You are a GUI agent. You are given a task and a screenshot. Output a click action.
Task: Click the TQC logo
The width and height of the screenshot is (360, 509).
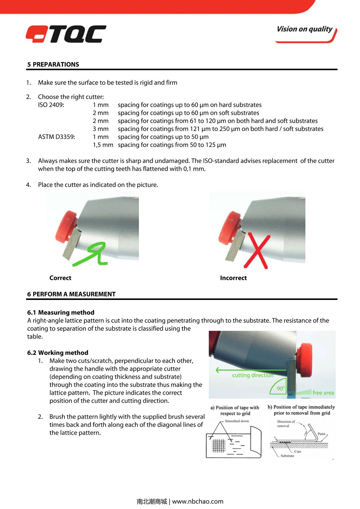(x=66, y=34)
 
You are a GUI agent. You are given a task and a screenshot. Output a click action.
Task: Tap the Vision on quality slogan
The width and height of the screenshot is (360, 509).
(x=304, y=29)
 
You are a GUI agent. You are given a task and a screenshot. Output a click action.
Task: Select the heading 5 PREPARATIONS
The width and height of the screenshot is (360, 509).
(x=53, y=64)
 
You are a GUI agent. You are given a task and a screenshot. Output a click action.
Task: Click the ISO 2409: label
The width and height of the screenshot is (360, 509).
(x=51, y=105)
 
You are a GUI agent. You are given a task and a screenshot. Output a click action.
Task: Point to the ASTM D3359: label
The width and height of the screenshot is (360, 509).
(x=56, y=137)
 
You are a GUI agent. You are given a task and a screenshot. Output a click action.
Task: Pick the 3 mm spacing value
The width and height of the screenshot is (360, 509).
(x=100, y=129)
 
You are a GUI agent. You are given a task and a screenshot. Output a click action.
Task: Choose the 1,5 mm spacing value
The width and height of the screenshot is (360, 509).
(x=103, y=145)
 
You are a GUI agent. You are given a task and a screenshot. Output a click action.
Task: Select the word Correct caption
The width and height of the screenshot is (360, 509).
(x=60, y=278)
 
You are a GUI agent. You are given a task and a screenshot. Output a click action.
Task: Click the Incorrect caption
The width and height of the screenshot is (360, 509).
(x=233, y=278)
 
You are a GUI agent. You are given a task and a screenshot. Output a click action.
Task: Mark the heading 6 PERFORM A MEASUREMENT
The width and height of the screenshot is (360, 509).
(x=71, y=294)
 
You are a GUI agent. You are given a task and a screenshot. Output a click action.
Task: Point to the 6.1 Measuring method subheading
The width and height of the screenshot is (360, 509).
(x=61, y=313)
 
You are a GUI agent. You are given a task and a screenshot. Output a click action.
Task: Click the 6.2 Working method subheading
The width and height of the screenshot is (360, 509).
(x=58, y=353)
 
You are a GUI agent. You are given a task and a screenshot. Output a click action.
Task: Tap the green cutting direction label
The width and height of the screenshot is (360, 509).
(x=253, y=375)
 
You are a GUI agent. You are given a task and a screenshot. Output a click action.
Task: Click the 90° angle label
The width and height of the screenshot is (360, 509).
(x=281, y=388)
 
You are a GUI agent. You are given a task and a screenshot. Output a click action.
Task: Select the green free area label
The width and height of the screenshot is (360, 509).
(x=323, y=393)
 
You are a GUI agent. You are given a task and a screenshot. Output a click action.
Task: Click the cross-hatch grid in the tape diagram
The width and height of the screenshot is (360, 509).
(x=219, y=445)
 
